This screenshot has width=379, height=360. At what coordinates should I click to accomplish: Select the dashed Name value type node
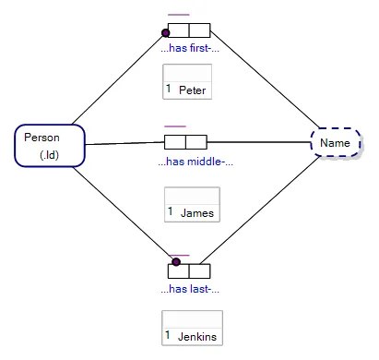tap(335, 143)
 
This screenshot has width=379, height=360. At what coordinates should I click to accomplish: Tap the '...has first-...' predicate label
tap(190, 47)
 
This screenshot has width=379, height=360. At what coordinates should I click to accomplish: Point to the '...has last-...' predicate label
tap(189, 289)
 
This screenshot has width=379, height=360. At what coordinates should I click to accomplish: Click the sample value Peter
tap(192, 90)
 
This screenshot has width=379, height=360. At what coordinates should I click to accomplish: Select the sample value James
tap(196, 213)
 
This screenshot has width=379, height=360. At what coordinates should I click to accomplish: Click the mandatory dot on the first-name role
tap(166, 32)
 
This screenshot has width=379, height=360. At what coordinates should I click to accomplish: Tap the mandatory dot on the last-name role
tap(176, 262)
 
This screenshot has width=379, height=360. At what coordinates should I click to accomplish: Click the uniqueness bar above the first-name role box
tap(179, 15)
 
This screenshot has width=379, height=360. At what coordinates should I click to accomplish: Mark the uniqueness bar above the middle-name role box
tap(175, 126)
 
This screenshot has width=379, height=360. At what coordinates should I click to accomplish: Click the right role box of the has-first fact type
tap(199, 30)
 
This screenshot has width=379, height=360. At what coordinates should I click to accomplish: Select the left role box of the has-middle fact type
tap(175, 142)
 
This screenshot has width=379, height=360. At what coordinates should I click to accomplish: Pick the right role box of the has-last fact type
tap(200, 271)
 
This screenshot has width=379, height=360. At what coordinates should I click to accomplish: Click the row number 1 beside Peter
tap(169, 90)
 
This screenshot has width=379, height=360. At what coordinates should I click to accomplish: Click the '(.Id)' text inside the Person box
tap(49, 154)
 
